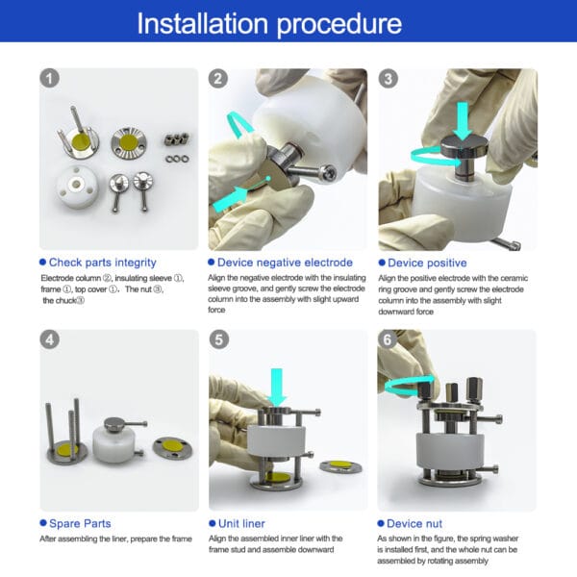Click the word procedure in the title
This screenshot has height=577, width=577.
point(339,25)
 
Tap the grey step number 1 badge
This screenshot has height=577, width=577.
point(49,78)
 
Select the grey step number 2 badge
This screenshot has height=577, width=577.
point(218,79)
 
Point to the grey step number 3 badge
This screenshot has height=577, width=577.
point(388,79)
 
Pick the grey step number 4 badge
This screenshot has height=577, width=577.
point(49,339)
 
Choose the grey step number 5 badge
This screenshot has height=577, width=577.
point(219,339)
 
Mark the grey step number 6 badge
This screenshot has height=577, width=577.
point(388,339)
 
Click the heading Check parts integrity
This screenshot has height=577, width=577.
point(103,263)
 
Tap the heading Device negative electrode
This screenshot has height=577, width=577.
point(285,263)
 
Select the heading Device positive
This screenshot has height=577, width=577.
point(427,263)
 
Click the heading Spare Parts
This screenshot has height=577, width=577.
point(80,523)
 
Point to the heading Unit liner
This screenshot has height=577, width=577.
point(241,524)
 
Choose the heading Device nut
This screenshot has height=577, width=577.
point(414,524)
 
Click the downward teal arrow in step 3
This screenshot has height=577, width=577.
point(463,121)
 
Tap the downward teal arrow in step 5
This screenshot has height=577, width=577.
point(276,387)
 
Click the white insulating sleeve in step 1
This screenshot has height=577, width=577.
point(77,187)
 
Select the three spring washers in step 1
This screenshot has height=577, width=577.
point(177,159)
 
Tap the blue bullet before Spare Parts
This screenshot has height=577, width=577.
point(43,523)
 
